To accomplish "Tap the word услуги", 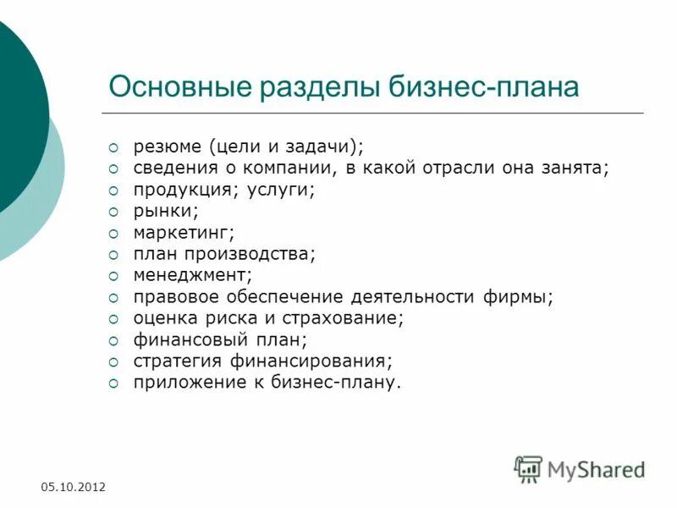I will click(x=281, y=190).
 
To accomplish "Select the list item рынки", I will click(x=166, y=211).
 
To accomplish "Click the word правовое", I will click(x=174, y=297).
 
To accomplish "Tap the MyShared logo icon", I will click(x=528, y=468).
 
